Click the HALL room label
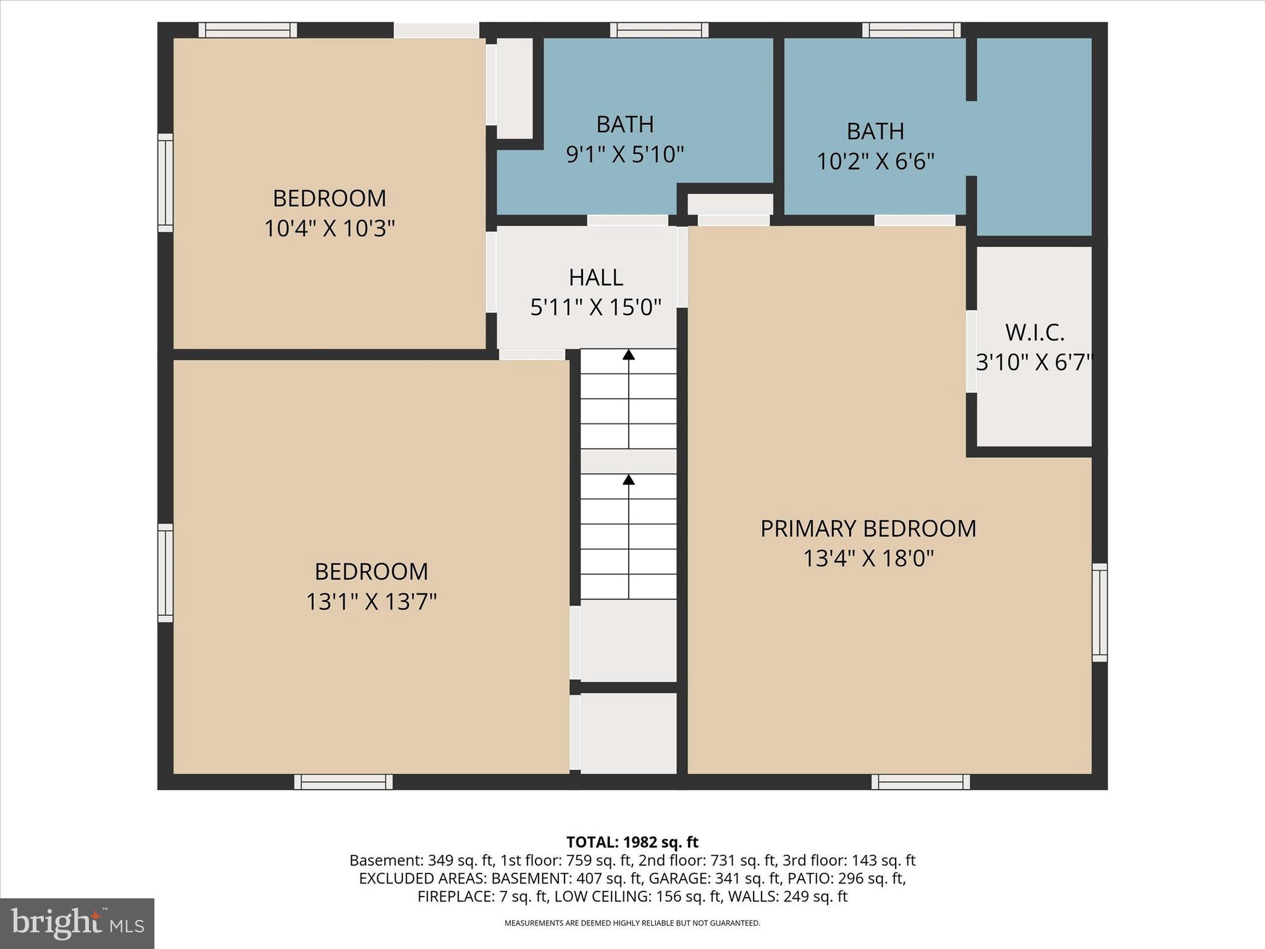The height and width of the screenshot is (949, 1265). tap(595, 277)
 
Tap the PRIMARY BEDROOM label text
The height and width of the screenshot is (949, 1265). tap(868, 529)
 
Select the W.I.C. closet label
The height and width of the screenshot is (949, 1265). tap(1035, 333)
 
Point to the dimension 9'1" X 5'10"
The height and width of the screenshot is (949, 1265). tap(624, 154)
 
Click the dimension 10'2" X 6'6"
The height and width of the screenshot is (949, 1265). tap(875, 162)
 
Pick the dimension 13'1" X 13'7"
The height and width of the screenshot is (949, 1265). tap(371, 602)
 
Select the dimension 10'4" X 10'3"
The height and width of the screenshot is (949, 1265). tap(329, 229)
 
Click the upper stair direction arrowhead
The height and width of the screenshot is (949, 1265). tap(629, 355)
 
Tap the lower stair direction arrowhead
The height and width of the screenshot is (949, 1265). tap(629, 479)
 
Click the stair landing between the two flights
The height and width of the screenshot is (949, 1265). tap(629, 462)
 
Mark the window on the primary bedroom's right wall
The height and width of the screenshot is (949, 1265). tap(1099, 612)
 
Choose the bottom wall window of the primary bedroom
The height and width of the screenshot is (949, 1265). tap(920, 782)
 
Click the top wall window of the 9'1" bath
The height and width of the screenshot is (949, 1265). tap(659, 30)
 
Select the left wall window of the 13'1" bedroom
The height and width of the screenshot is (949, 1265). tap(165, 573)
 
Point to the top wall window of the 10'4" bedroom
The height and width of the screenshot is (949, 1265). tap(247, 30)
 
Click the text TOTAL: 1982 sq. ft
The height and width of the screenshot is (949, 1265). tap(632, 842)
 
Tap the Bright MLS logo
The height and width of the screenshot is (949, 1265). tap(77, 923)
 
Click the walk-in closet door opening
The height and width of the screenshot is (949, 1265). tap(971, 351)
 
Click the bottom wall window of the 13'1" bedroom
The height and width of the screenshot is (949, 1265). tap(343, 782)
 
